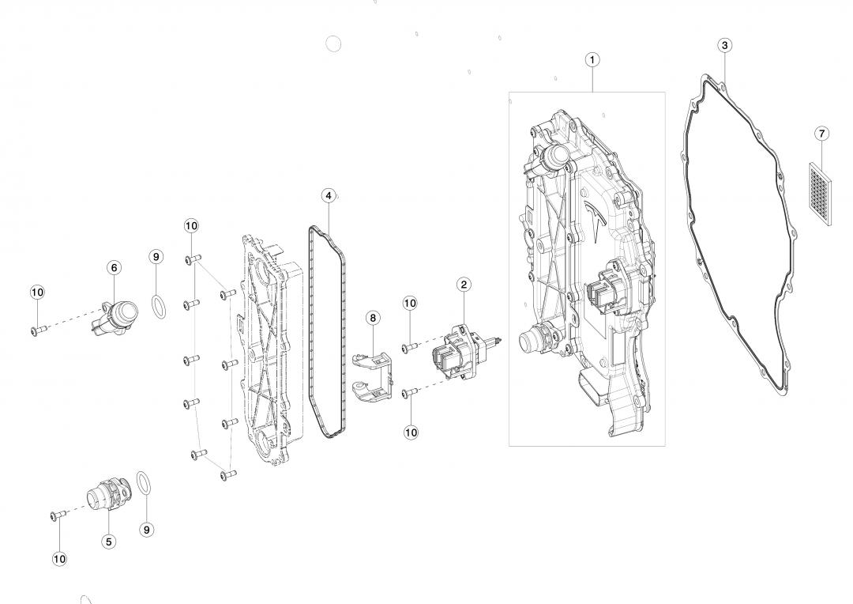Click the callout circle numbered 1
tap(592, 59)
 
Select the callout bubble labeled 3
tap(724, 45)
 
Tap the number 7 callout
tap(822, 134)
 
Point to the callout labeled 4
tap(329, 195)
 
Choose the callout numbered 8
tap(373, 318)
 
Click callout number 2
tap(464, 284)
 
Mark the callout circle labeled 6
tap(114, 267)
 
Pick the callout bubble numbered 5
tap(109, 542)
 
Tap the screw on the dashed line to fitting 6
tap(39, 330)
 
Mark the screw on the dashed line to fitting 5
tap(58, 515)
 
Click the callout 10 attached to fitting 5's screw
tap(59, 558)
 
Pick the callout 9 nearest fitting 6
tap(156, 256)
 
